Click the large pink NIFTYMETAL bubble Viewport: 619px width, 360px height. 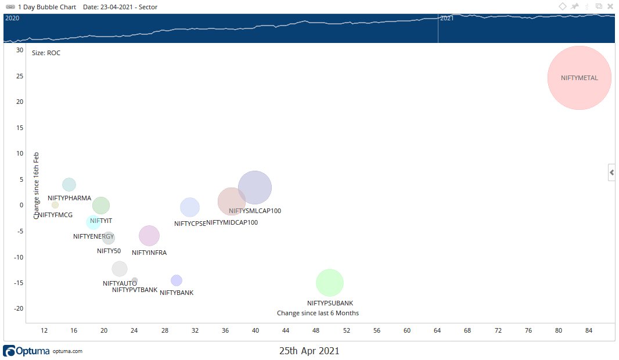click(579, 78)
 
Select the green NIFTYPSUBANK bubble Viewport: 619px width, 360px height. click(330, 283)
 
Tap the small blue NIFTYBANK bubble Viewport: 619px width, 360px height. click(177, 280)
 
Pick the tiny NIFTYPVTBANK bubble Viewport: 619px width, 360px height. click(135, 280)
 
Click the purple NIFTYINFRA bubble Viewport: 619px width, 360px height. click(149, 236)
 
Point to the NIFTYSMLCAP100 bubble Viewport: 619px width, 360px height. click(254, 188)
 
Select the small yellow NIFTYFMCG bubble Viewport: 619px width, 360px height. click(55, 205)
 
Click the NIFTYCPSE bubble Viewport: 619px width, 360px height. click(190, 207)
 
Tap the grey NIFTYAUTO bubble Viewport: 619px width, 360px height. click(120, 269)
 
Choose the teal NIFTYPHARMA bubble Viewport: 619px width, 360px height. click(69, 185)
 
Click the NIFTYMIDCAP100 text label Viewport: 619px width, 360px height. click(232, 222)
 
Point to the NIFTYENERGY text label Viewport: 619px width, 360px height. click(93, 236)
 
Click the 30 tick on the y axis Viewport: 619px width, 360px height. click(20, 50)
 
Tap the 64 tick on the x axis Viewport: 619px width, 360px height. click(437, 330)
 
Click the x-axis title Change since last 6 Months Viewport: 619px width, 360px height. click(318, 313)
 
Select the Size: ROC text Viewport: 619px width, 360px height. click(46, 53)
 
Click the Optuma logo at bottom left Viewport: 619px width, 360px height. click(27, 351)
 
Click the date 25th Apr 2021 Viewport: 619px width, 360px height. click(309, 351)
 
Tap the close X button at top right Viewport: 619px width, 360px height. click(610, 6)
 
